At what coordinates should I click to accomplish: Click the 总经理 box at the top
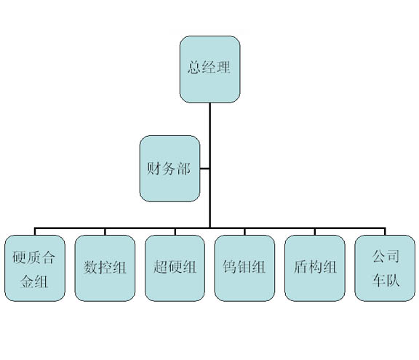tap(209, 69)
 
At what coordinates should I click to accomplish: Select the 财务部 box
tap(169, 169)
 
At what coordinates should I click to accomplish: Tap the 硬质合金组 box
tap(35, 268)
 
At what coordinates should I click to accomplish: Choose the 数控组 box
tap(105, 268)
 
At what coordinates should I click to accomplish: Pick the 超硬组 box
tap(175, 268)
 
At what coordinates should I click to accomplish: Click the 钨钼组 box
tap(244, 268)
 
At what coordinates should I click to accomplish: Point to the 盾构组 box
tap(315, 268)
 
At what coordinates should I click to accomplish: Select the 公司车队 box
tap(385, 268)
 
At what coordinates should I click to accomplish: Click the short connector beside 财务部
tap(204, 169)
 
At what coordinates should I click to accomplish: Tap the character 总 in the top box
tap(194, 67)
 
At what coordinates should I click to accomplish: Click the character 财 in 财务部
tap(153, 169)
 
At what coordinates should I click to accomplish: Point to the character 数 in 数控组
tap(90, 267)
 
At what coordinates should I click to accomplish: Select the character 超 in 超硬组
tap(160, 267)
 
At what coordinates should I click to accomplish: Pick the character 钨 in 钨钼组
tap(230, 267)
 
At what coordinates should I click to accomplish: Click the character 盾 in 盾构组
tap(300, 267)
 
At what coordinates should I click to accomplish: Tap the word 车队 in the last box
tap(386, 280)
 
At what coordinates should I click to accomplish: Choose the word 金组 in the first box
tap(34, 281)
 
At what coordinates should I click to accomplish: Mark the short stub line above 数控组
tap(105, 231)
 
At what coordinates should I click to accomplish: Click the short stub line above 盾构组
tap(315, 231)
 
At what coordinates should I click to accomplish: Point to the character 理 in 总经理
tap(223, 67)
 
